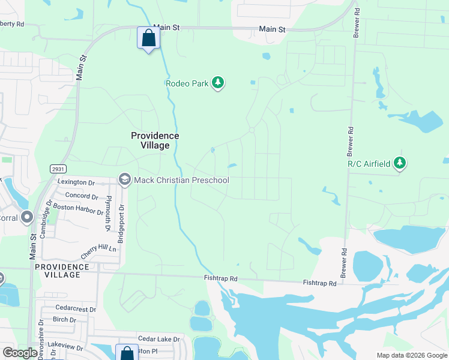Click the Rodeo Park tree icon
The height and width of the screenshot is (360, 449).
click(x=218, y=83)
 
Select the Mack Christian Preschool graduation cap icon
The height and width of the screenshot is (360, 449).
click(x=125, y=179)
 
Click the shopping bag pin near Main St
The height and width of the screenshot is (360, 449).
click(x=148, y=38)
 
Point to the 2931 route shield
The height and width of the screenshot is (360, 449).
click(x=58, y=170)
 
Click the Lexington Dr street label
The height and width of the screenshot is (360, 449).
click(x=76, y=182)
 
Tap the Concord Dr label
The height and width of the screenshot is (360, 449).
click(x=81, y=196)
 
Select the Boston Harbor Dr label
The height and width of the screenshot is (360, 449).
click(x=78, y=208)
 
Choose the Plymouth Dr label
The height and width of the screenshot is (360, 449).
click(x=108, y=214)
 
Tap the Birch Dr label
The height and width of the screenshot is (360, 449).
click(x=64, y=320)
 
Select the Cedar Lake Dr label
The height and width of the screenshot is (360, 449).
click(x=158, y=339)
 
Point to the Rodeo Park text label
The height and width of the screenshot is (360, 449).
click(x=187, y=83)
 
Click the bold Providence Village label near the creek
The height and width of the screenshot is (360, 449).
click(x=155, y=140)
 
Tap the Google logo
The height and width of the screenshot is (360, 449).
click(x=20, y=353)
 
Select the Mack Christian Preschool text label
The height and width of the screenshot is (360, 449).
click(x=181, y=179)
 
